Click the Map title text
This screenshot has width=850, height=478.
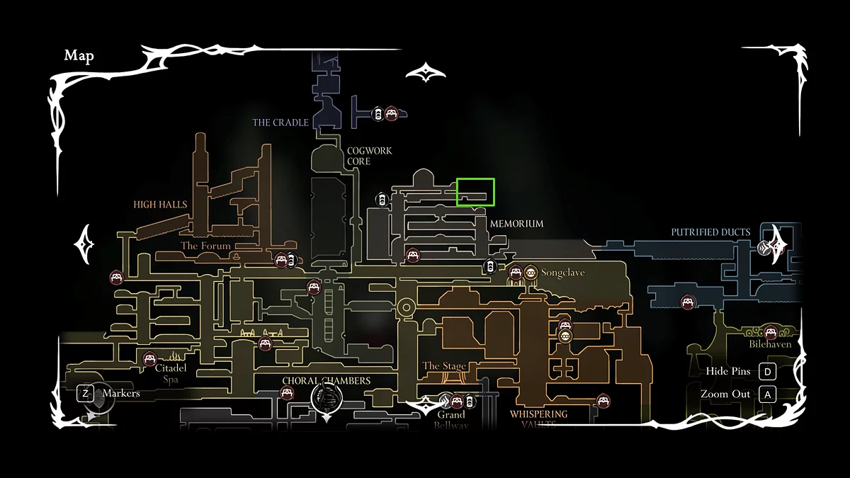[79, 56]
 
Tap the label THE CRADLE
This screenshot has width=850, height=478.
[280, 123]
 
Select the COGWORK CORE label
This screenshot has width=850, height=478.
[369, 157]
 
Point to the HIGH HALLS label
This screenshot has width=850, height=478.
[160, 205]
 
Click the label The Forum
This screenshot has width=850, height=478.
[205, 246]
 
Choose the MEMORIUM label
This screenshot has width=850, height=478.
[516, 224]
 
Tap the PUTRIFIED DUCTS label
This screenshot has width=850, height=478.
[710, 232]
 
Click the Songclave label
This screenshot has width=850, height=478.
[562, 273]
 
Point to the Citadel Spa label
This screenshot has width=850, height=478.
[171, 373]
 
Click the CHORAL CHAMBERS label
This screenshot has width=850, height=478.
[326, 381]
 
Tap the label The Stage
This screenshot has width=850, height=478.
[444, 366]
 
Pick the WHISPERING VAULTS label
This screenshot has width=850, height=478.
[538, 419]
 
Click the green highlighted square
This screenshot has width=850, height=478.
[475, 192]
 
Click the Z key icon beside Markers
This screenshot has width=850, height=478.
[85, 393]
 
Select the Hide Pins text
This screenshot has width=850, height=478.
[727, 372]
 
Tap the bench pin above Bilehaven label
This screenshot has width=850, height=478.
[770, 331]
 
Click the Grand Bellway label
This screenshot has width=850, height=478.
[451, 420]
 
